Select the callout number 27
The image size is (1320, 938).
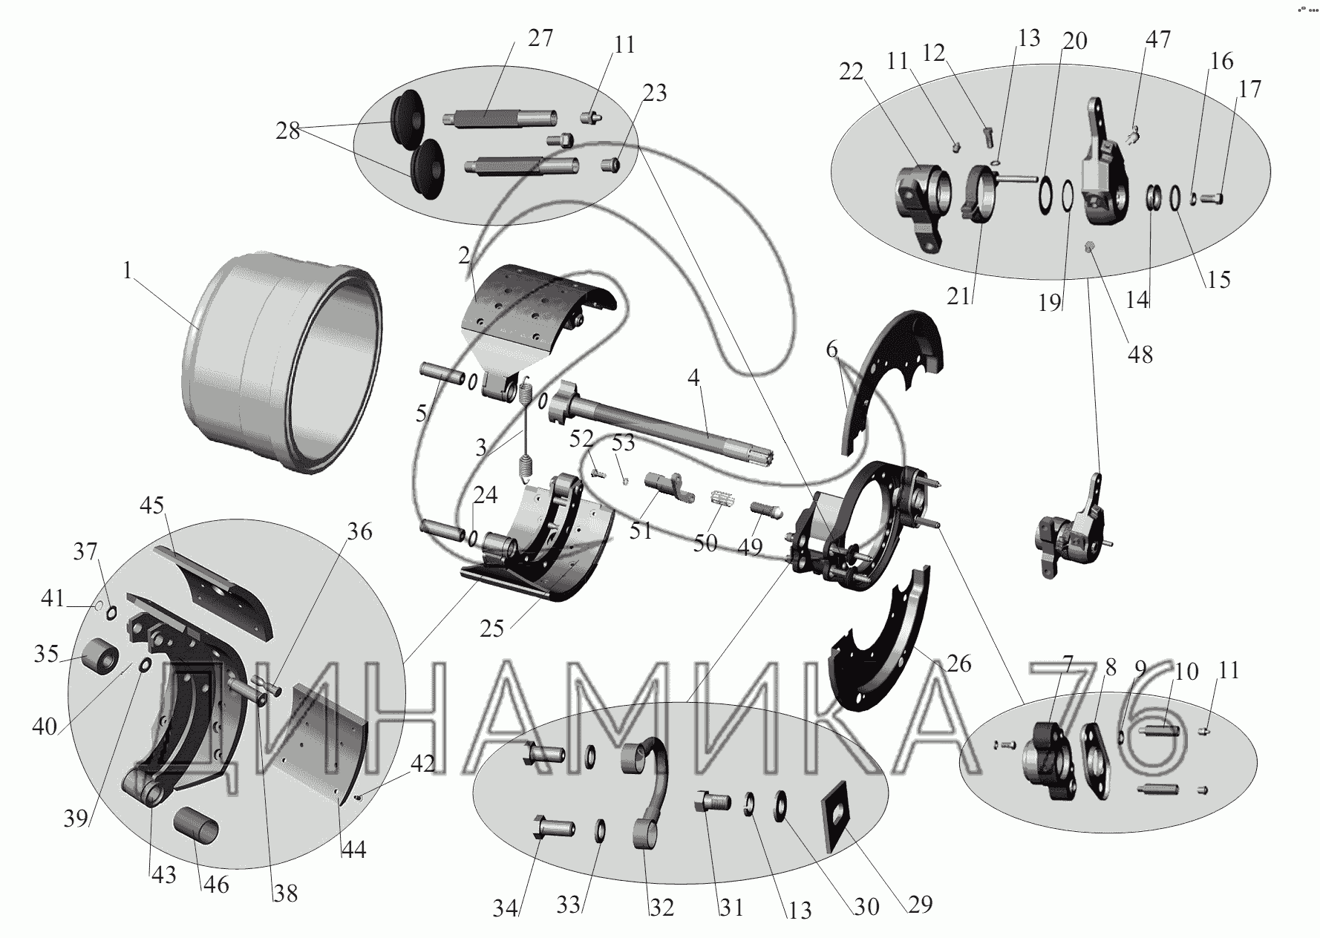pyautogui.click(x=540, y=39)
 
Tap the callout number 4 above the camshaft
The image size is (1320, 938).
pyautogui.click(x=693, y=378)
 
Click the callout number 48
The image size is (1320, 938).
pyautogui.click(x=1140, y=355)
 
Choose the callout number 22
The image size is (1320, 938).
pyautogui.click(x=852, y=72)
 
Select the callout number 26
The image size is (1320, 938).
pyautogui.click(x=958, y=663)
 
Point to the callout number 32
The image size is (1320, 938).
pyautogui.click(x=662, y=908)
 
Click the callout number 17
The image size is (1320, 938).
pyautogui.click(x=1249, y=89)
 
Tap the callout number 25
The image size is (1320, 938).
pyautogui.click(x=491, y=629)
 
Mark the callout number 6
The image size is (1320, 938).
pyautogui.click(x=831, y=349)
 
